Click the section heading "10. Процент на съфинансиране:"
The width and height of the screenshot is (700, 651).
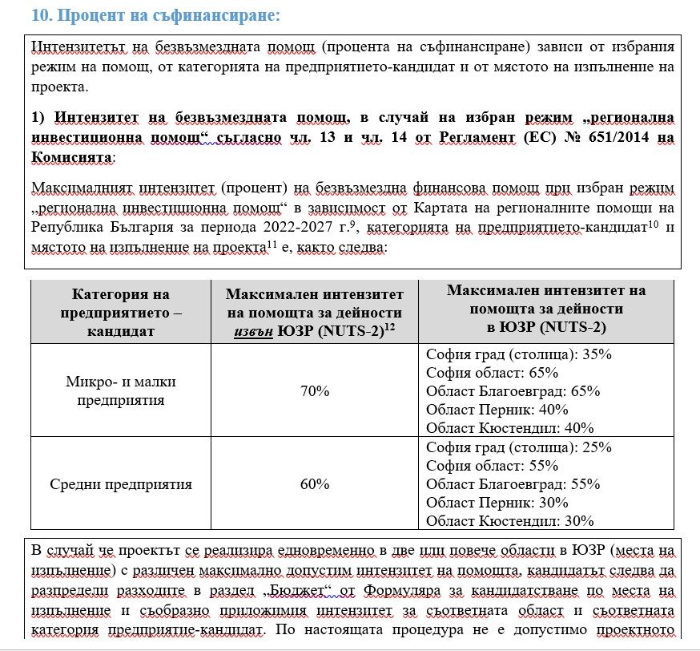click(155, 15)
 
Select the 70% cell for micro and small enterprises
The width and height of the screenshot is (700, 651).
click(315, 391)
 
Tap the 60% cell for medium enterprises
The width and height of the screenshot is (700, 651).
click(315, 484)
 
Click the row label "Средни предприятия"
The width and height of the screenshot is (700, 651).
click(121, 484)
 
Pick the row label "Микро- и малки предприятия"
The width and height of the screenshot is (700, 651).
click(120, 391)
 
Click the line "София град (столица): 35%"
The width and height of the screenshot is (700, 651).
click(519, 354)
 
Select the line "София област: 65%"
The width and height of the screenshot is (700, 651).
click(492, 373)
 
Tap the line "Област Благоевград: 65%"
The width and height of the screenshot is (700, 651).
click(513, 391)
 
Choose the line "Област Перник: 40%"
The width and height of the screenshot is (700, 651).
click(497, 410)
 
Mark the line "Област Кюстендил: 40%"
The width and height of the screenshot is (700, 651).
click(508, 428)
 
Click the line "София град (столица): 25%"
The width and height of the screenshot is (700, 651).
click(519, 447)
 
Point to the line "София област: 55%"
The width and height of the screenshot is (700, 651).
click(492, 466)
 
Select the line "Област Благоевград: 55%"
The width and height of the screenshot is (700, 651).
click(513, 484)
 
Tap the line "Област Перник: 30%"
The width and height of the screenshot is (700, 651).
click(497, 503)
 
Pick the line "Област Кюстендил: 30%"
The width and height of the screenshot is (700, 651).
click(508, 521)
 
